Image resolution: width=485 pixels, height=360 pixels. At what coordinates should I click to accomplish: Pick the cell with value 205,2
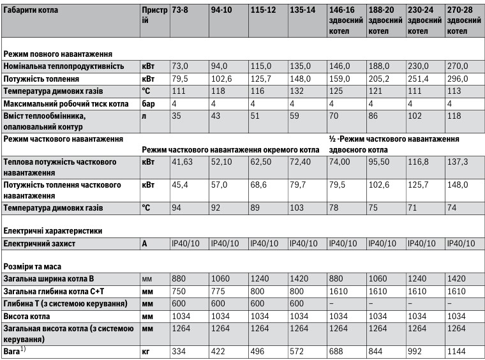[379, 79]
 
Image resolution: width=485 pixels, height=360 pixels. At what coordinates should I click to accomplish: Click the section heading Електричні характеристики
[52, 230]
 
